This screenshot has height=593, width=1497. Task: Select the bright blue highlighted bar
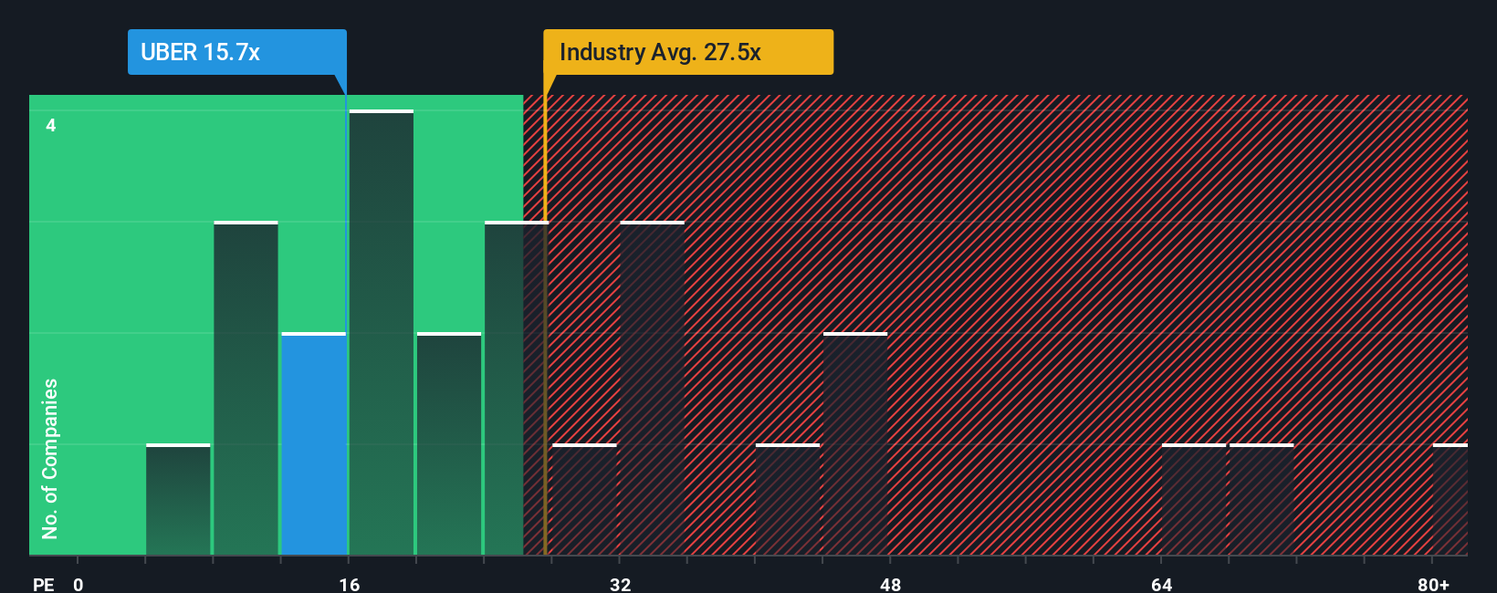(313, 444)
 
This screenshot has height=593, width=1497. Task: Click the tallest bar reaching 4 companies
(381, 333)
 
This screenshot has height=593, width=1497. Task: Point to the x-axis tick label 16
(349, 584)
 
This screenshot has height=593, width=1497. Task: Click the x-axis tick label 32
(620, 584)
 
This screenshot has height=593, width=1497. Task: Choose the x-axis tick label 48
(890, 584)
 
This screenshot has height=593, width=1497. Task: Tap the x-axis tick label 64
(1161, 584)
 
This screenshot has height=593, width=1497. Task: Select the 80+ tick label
(1433, 584)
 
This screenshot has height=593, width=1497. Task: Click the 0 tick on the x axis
(79, 584)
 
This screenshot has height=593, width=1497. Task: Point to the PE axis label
(43, 584)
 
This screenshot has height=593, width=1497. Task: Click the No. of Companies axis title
(50, 458)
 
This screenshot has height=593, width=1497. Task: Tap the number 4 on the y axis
(51, 125)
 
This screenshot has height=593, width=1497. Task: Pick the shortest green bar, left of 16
(178, 500)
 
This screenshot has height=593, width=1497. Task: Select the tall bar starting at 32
(652, 389)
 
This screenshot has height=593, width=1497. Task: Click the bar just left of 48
(855, 444)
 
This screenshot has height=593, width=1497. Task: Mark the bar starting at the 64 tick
(1193, 500)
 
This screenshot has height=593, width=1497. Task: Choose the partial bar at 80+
(1450, 500)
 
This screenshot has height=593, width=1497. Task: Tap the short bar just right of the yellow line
(585, 500)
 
